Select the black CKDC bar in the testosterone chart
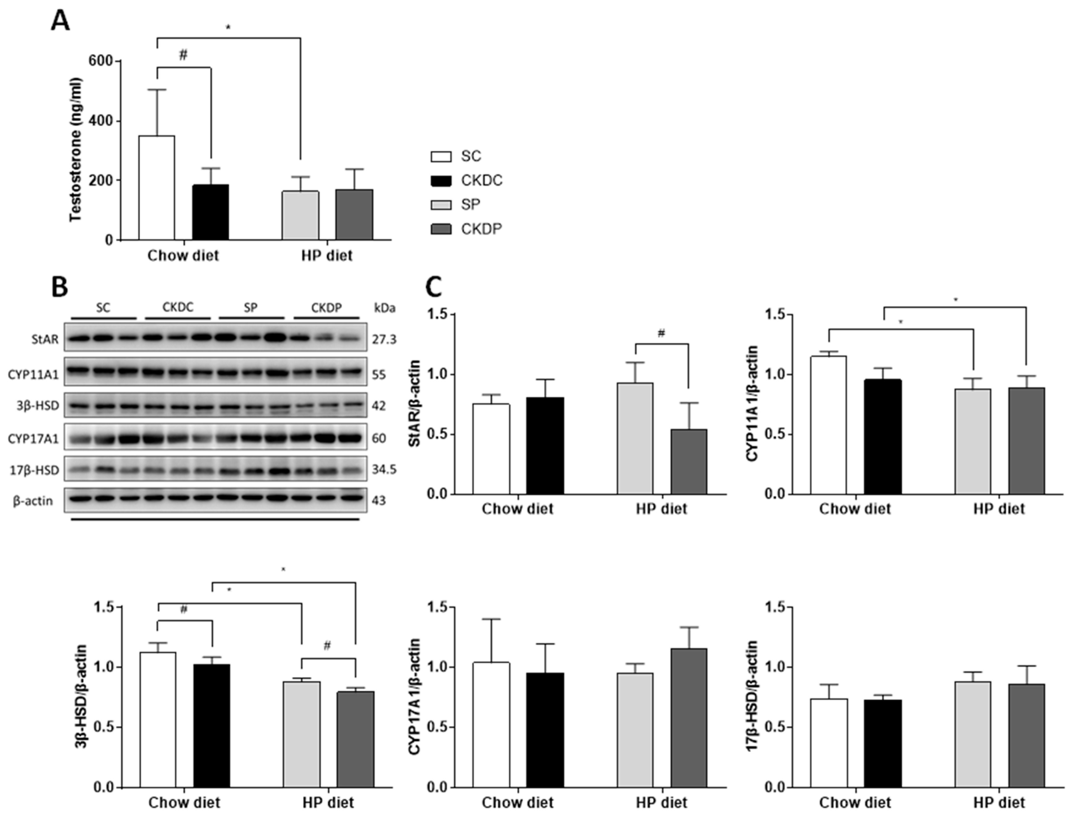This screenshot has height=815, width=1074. [210, 212]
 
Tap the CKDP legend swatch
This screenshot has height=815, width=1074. [441, 229]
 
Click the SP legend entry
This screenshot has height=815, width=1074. [470, 205]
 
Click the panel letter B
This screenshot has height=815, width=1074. [60, 288]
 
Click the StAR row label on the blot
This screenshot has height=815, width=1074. [45, 339]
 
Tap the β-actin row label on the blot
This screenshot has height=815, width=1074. [33, 500]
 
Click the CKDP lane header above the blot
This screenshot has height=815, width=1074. [326, 307]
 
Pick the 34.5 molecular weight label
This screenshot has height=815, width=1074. [384, 470]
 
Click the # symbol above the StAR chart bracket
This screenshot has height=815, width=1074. [661, 333]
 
